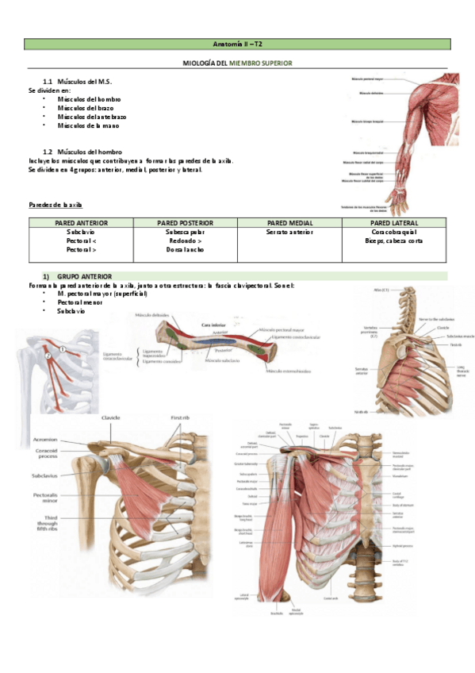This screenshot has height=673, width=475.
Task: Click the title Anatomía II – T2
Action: coord(237,44)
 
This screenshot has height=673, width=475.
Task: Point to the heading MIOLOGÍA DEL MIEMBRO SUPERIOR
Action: coord(237,61)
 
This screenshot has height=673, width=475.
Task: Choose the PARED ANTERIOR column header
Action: coord(76,224)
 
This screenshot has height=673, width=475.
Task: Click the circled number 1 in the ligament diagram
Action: coord(62,348)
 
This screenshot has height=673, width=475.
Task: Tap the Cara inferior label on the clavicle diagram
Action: coord(215,325)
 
